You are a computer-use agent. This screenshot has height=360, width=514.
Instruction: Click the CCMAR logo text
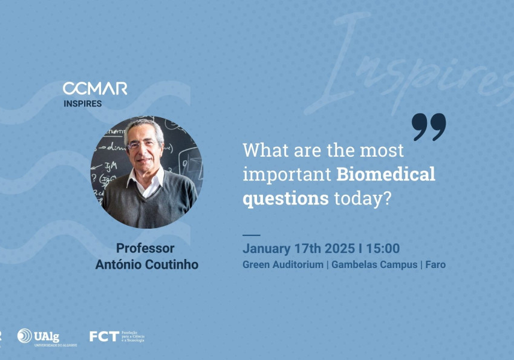tap(95, 88)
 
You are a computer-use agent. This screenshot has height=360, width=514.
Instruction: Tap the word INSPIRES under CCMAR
tap(83, 103)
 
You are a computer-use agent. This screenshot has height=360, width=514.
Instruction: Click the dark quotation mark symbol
tap(429, 126)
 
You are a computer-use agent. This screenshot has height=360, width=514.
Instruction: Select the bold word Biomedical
tap(385, 174)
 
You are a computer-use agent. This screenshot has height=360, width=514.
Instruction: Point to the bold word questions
tap(285, 198)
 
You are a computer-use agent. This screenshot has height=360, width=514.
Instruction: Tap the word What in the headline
tap(263, 150)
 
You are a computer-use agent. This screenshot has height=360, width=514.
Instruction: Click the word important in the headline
tap(287, 174)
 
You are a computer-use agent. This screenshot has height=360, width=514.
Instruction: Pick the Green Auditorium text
tap(282, 265)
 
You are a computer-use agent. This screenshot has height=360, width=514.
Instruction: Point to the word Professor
tap(145, 249)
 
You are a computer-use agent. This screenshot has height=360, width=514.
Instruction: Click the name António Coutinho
tap(146, 265)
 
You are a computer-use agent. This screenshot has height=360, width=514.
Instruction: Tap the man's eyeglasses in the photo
tap(143, 145)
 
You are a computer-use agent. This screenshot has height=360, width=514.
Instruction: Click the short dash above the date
tap(251, 234)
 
